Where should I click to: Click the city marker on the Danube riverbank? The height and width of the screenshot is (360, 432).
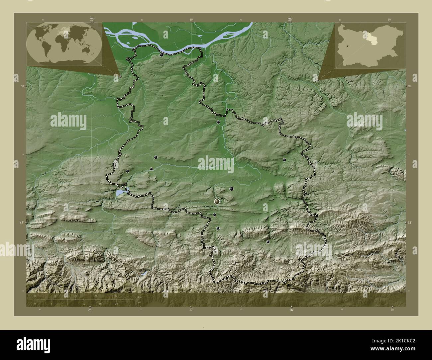pos(162,55)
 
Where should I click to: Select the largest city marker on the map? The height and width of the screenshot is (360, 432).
pos(217,201)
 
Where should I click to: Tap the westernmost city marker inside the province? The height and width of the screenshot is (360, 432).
pos(127,171)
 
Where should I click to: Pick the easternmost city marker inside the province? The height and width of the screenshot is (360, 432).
pos(284,160)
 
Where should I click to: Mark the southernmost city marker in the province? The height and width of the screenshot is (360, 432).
pos(268,242)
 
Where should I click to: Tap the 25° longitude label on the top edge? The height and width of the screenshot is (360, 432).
pos(92,19)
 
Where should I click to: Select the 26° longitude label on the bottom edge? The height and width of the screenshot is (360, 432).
pos(291,310)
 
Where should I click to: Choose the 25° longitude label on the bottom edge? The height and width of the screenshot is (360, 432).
pos(90,310)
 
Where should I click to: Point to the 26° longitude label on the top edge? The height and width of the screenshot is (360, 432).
pos(290,19)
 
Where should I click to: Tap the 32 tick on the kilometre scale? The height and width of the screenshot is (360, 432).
pos(116,295)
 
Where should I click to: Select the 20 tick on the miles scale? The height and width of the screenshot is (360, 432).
pos(116,304)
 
